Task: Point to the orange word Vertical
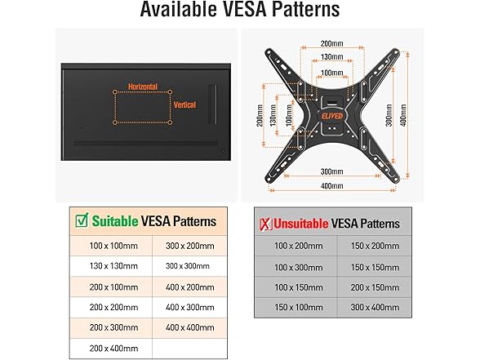pos(184,104)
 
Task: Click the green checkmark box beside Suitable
pos(81,220)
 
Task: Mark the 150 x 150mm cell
pos(375,266)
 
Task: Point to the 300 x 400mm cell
pos(375,307)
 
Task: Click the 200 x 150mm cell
pos(375,287)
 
